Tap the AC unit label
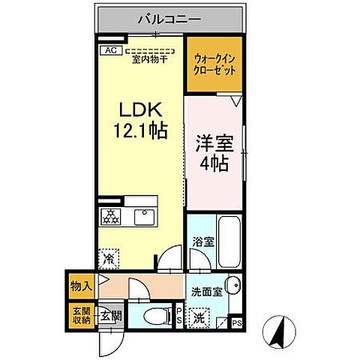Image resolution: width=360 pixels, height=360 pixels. [x=109, y=50]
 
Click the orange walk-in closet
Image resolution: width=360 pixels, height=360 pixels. [x=214, y=63]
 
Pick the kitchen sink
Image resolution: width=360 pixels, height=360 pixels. [x=142, y=217]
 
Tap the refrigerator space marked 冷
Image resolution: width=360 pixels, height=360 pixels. [x=109, y=258]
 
